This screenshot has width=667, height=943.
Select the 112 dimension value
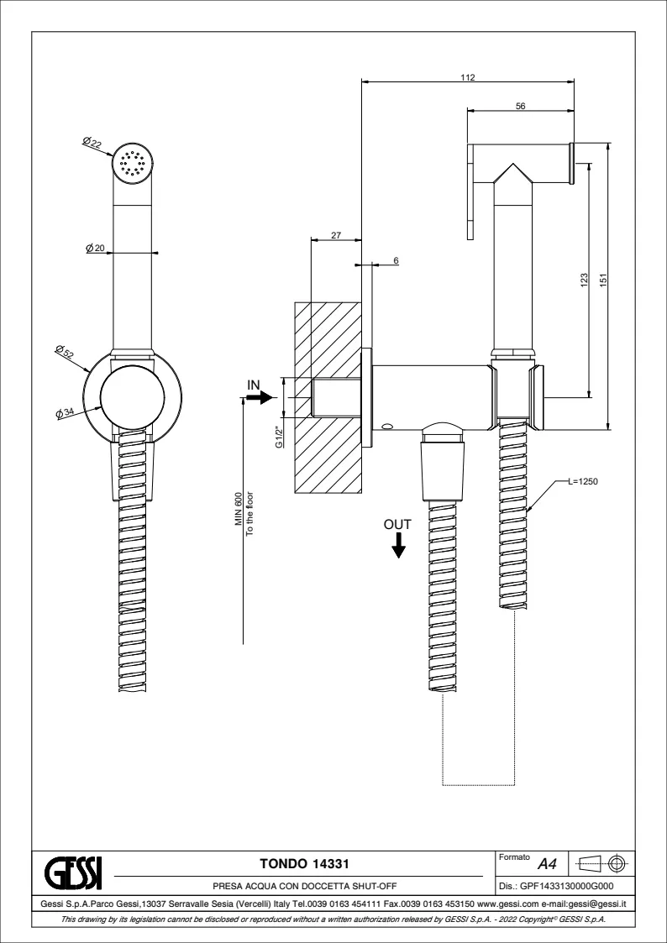(x=469, y=77)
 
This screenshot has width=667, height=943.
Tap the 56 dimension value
(x=521, y=106)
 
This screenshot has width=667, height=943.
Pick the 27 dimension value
(x=336, y=236)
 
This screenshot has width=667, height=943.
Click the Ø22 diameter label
(x=93, y=144)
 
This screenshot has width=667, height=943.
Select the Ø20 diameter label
(x=95, y=248)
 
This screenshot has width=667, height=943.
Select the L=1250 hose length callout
(x=582, y=481)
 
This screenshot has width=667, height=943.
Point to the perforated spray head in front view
(x=134, y=162)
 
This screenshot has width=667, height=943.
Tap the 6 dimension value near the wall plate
(x=396, y=260)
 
